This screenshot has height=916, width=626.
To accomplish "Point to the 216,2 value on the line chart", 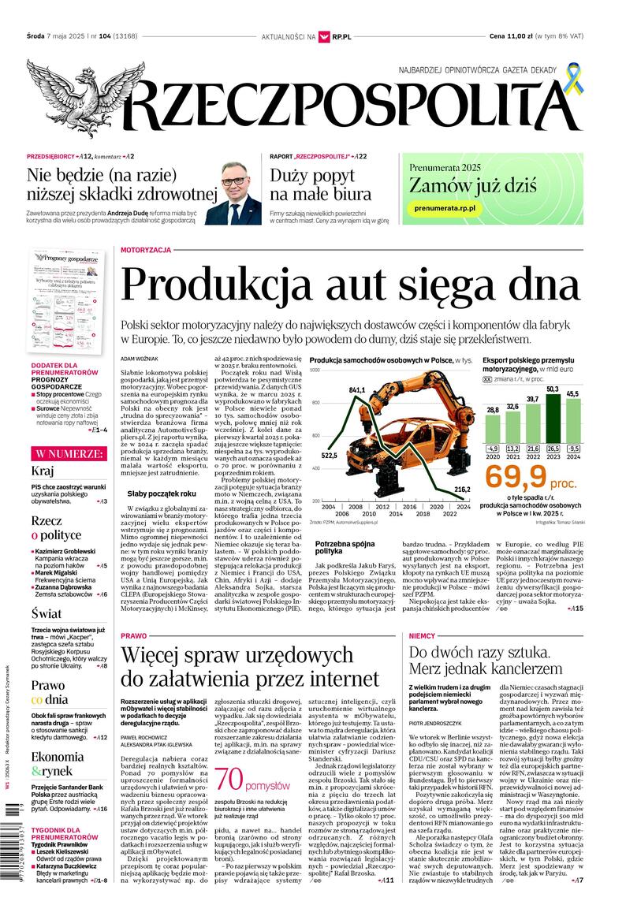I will pyautogui.click(x=463, y=490).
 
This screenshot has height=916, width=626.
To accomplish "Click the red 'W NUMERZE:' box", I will pyautogui.click(x=67, y=454).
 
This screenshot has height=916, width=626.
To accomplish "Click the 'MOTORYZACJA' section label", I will pyautogui.click(x=146, y=250).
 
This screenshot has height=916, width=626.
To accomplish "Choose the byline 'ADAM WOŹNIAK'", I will pyautogui.click(x=140, y=359).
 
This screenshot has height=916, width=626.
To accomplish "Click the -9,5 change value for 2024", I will pyautogui.click(x=572, y=450).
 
